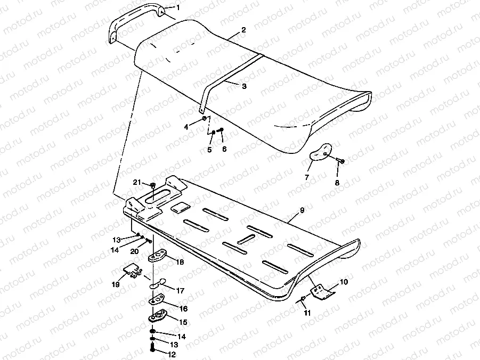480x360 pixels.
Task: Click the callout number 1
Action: [x=178, y=8]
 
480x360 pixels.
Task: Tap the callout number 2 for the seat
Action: [x=243, y=30]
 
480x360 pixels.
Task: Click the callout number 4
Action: [x=186, y=127]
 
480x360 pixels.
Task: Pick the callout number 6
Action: [x=224, y=149]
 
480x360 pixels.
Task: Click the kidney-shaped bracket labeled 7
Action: [x=320, y=152]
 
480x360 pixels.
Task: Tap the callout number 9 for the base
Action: [x=302, y=210]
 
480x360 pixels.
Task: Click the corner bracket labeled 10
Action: [x=322, y=291]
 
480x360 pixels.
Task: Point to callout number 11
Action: [x=306, y=313]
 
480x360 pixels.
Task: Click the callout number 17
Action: [x=180, y=291]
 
